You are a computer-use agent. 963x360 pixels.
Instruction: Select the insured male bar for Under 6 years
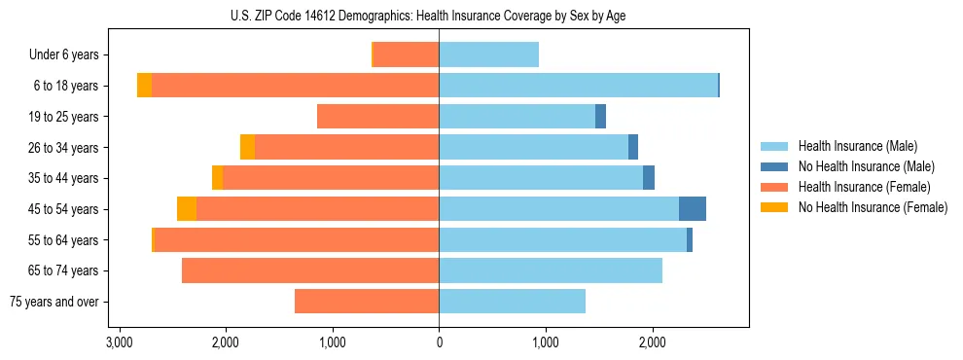488,54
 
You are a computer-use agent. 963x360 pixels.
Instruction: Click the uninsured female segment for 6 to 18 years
144,86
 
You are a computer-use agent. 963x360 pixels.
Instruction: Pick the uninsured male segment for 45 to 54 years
692,209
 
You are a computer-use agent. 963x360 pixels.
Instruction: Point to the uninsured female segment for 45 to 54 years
187,209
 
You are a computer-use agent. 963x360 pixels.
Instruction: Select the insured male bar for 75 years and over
512,302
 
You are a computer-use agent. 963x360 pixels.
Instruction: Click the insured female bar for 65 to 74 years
310,270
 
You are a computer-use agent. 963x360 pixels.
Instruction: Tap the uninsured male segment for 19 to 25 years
600,117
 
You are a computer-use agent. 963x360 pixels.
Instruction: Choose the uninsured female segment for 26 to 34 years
247,147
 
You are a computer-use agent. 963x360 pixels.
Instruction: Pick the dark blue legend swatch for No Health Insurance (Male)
774,166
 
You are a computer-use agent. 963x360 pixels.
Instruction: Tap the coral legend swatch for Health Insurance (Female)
774,187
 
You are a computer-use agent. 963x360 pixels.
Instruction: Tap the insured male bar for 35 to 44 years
541,178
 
